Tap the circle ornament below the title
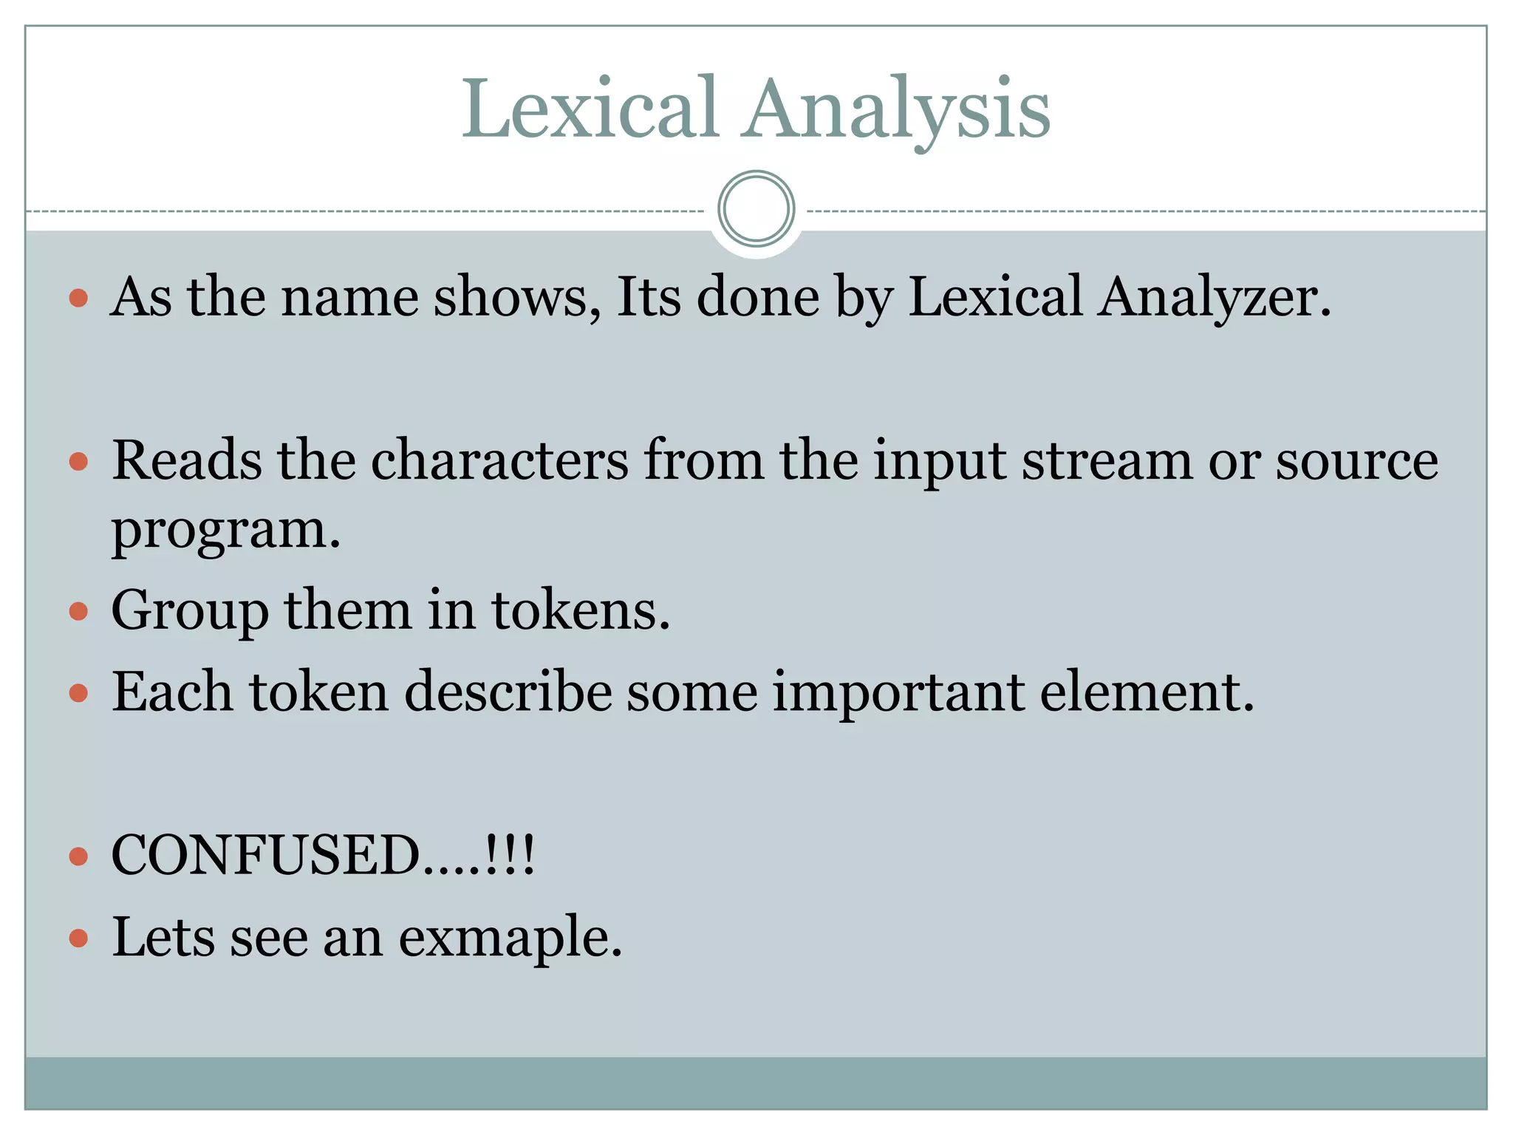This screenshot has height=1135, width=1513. [x=756, y=209]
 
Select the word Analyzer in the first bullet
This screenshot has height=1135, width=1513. [x=1215, y=298]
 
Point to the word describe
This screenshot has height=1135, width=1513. [x=508, y=692]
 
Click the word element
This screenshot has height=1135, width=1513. [x=1147, y=692]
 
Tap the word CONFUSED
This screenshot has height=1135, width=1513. [x=266, y=856]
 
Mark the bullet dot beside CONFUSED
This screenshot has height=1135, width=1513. [x=78, y=857]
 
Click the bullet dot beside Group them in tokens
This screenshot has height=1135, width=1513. [x=78, y=612]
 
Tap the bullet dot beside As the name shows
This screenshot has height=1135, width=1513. [x=78, y=299]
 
